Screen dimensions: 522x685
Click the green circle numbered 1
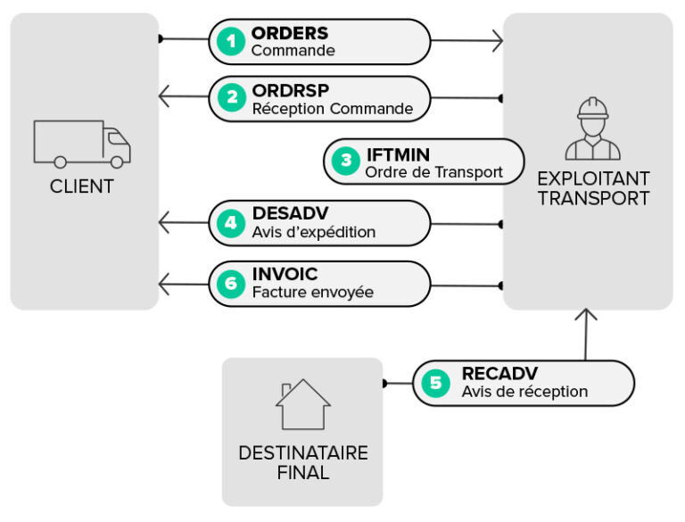pos(231,41)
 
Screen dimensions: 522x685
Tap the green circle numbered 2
pos(231,98)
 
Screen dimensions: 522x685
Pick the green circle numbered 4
pos(231,222)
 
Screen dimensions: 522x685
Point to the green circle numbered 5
pos(435,383)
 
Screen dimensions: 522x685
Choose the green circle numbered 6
pos(231,284)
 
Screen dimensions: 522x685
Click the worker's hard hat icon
pos(592,110)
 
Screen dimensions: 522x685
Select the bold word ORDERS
pos(289,33)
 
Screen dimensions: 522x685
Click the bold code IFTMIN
pos(398,154)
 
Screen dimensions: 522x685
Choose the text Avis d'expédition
pos(313,231)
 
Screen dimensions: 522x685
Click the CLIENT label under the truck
pos(82,187)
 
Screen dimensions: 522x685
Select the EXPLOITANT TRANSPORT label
pos(593,188)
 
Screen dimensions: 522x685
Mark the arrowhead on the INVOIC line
pos(164,285)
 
